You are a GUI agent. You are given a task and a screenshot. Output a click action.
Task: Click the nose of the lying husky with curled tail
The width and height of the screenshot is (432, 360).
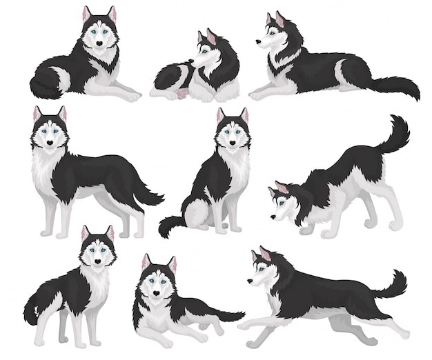(x=99, y=43)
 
